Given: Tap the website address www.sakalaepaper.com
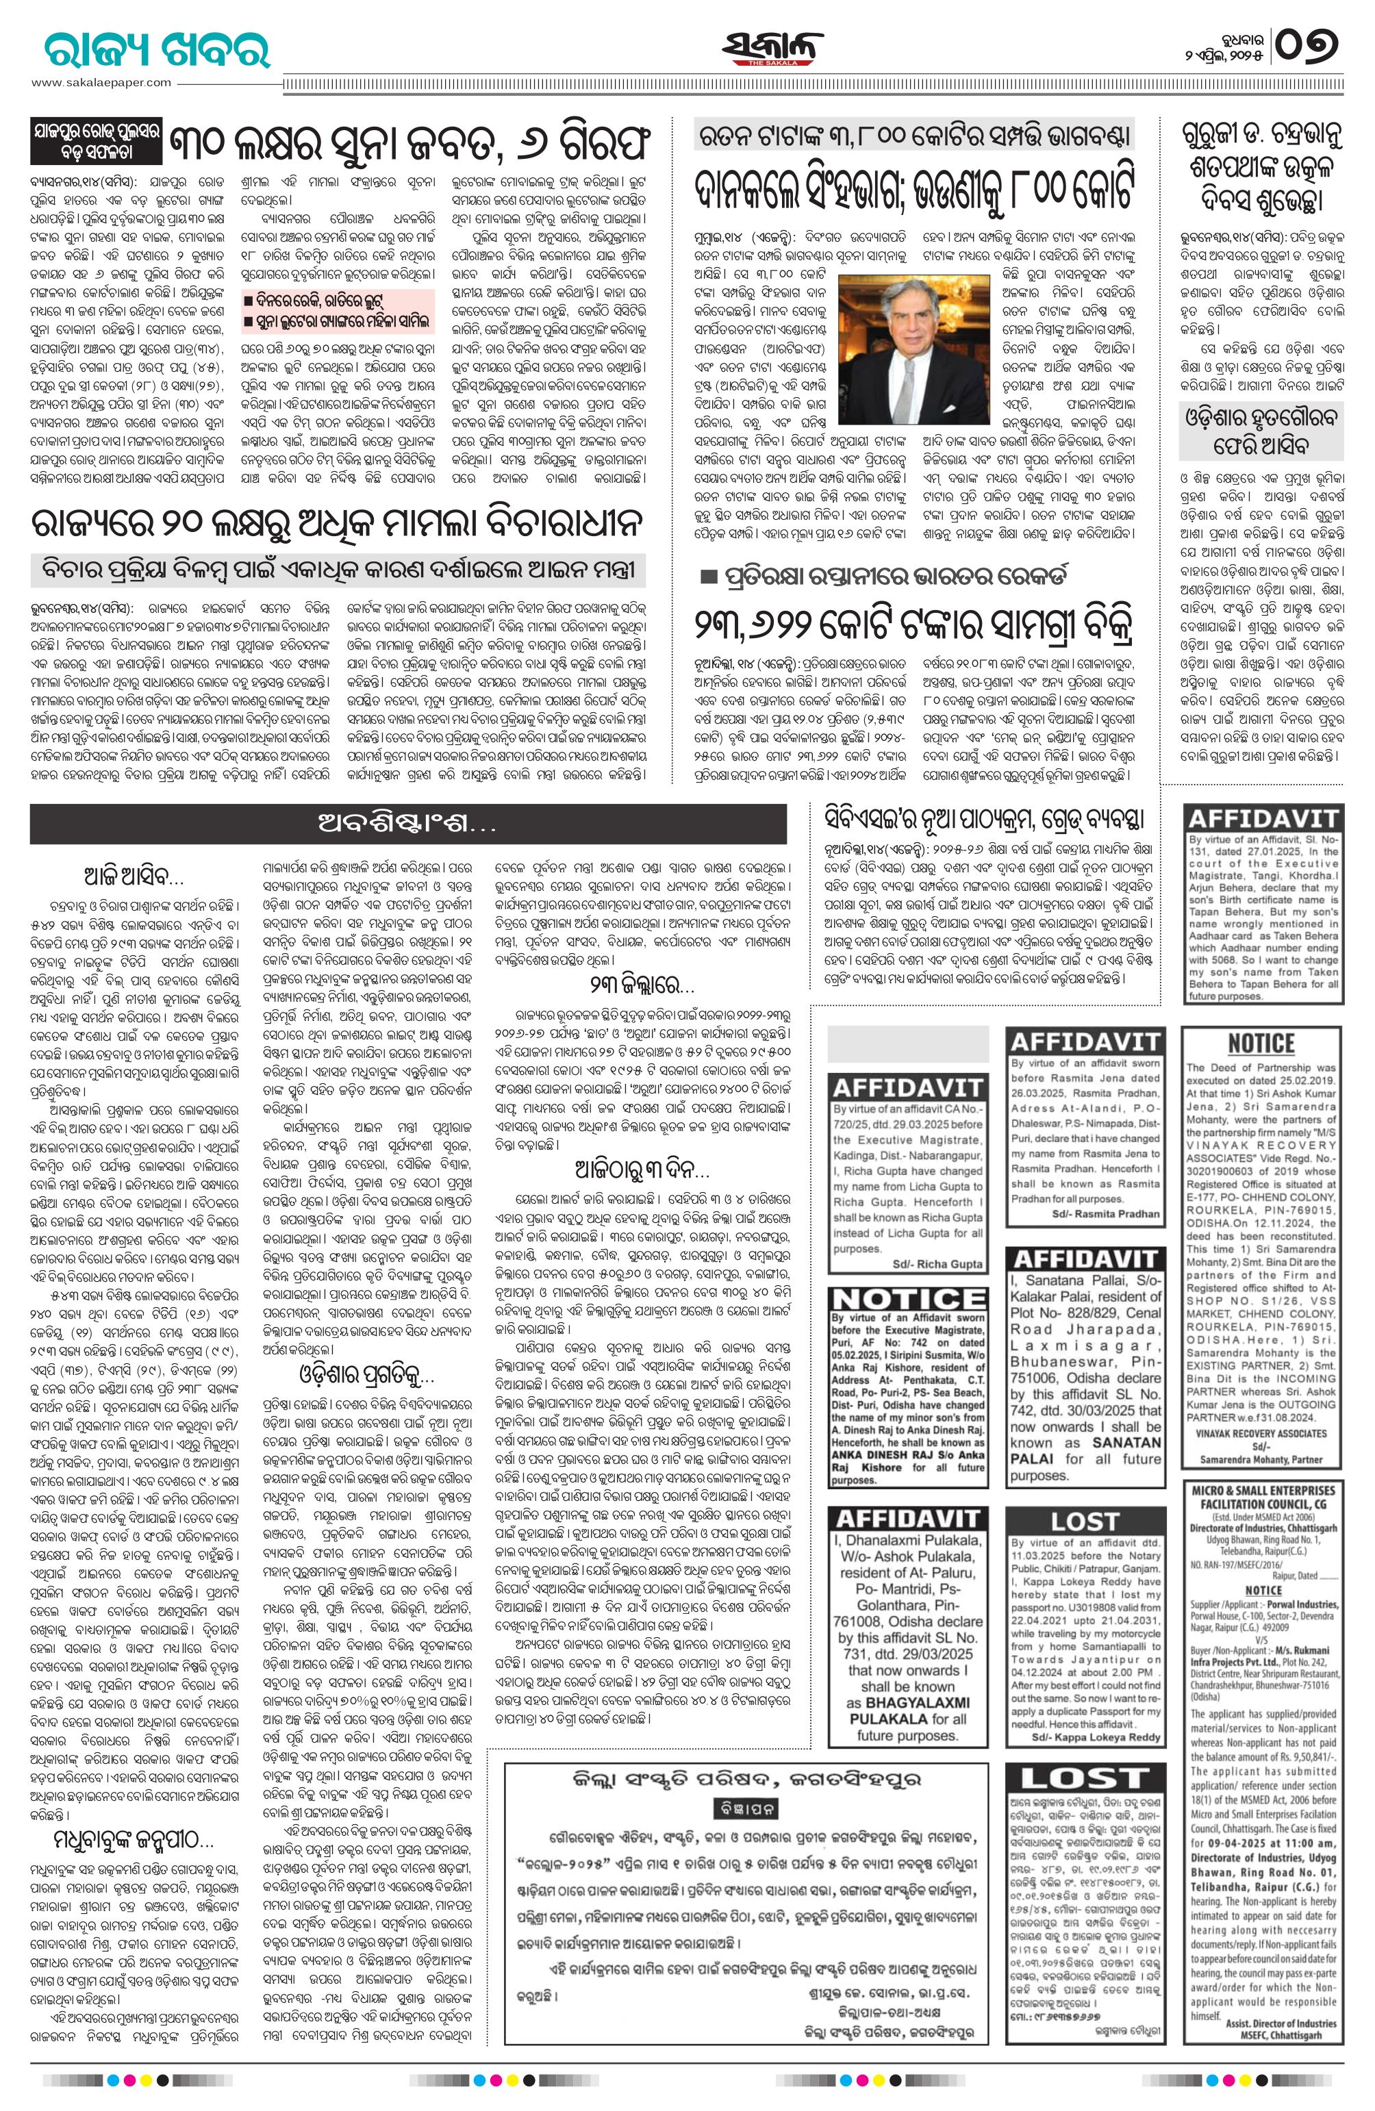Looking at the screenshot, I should click(x=102, y=82).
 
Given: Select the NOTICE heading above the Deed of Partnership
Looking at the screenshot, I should click(x=1261, y=1042).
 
